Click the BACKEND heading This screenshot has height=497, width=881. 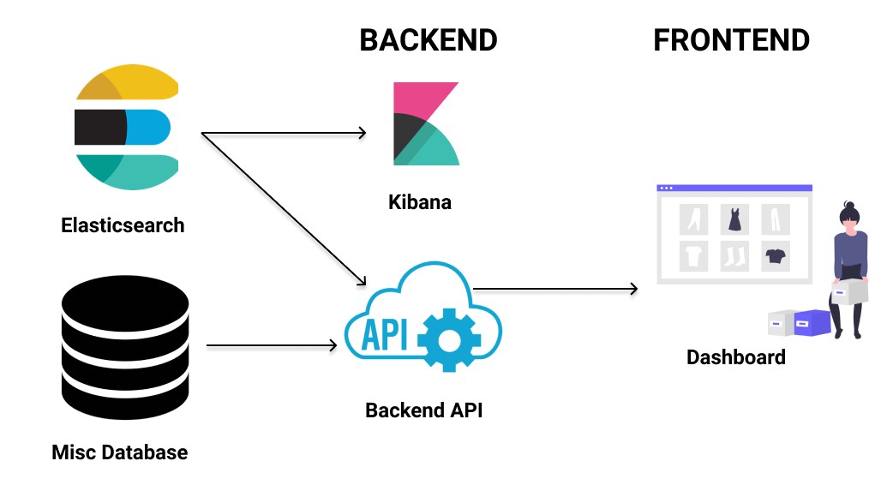pyautogui.click(x=428, y=40)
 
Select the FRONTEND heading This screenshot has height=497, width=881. pyautogui.click(x=731, y=40)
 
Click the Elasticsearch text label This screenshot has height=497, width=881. pyautogui.click(x=123, y=225)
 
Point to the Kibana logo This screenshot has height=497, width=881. pyautogui.click(x=425, y=123)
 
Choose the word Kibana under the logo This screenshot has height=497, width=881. pyautogui.click(x=420, y=203)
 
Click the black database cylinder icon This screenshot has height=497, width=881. pyautogui.click(x=125, y=347)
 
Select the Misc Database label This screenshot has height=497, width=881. pyautogui.click(x=120, y=452)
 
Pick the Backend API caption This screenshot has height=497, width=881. pyautogui.click(x=424, y=410)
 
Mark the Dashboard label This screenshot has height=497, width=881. pyautogui.click(x=736, y=356)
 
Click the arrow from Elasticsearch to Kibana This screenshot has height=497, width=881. pyautogui.click(x=283, y=133)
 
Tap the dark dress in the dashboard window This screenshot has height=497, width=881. pyautogui.click(x=734, y=219)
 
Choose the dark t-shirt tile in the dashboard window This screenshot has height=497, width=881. pyautogui.click(x=775, y=254)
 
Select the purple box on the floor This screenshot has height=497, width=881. pyautogui.click(x=812, y=323)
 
